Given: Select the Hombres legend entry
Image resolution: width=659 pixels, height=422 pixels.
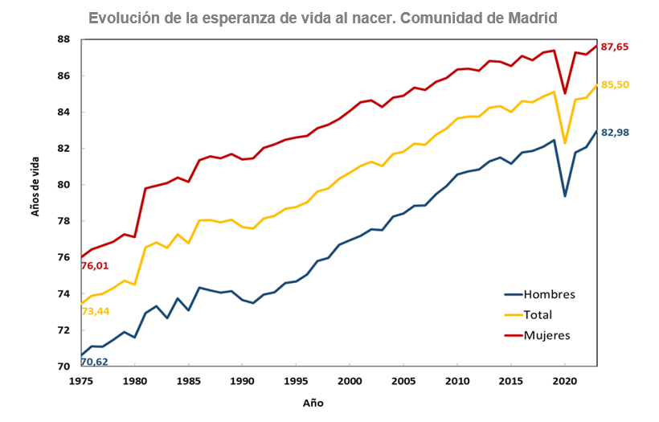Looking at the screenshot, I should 549,294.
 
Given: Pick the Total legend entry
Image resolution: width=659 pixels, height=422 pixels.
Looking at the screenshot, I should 538,315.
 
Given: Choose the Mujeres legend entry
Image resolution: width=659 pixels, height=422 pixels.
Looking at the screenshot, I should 546,335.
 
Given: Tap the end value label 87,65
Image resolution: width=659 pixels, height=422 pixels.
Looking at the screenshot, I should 615,47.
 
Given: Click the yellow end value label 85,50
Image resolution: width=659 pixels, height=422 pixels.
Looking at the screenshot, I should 615,84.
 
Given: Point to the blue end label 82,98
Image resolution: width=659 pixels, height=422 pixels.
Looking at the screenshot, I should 615,132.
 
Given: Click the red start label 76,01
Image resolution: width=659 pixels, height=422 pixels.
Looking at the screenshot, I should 95,266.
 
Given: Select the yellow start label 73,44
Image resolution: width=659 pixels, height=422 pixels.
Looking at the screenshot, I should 95,310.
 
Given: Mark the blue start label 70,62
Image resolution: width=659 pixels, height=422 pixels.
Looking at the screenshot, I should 95,362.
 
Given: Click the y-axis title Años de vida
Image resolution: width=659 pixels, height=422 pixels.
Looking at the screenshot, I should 35,186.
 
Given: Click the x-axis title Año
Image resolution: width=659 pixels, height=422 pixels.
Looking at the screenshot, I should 313,402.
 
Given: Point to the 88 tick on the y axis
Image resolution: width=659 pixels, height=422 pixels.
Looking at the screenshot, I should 64,39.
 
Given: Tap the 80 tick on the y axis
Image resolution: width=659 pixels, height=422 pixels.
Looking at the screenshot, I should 64,185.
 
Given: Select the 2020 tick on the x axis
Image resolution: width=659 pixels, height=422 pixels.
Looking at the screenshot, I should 565,380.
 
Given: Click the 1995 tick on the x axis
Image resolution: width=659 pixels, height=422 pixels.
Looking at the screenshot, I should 296,380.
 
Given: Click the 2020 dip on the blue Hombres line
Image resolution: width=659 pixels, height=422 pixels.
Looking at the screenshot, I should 565,196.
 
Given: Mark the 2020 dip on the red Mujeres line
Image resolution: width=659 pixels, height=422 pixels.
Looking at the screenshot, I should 565,93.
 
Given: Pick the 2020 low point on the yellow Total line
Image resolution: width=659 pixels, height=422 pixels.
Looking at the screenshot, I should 565,143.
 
